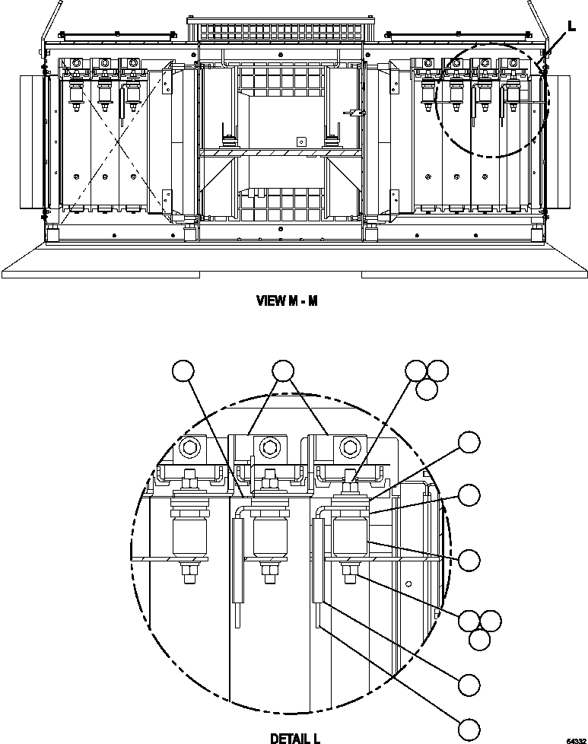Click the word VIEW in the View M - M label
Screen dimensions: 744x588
point(269,300)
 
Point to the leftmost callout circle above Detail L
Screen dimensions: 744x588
point(183,370)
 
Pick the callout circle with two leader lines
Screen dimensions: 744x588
point(283,370)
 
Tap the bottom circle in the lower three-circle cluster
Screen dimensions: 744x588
point(479,640)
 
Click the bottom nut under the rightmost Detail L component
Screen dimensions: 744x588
point(350,576)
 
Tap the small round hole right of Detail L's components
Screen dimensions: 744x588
point(408,584)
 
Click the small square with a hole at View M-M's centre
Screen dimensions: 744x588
point(300,141)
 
